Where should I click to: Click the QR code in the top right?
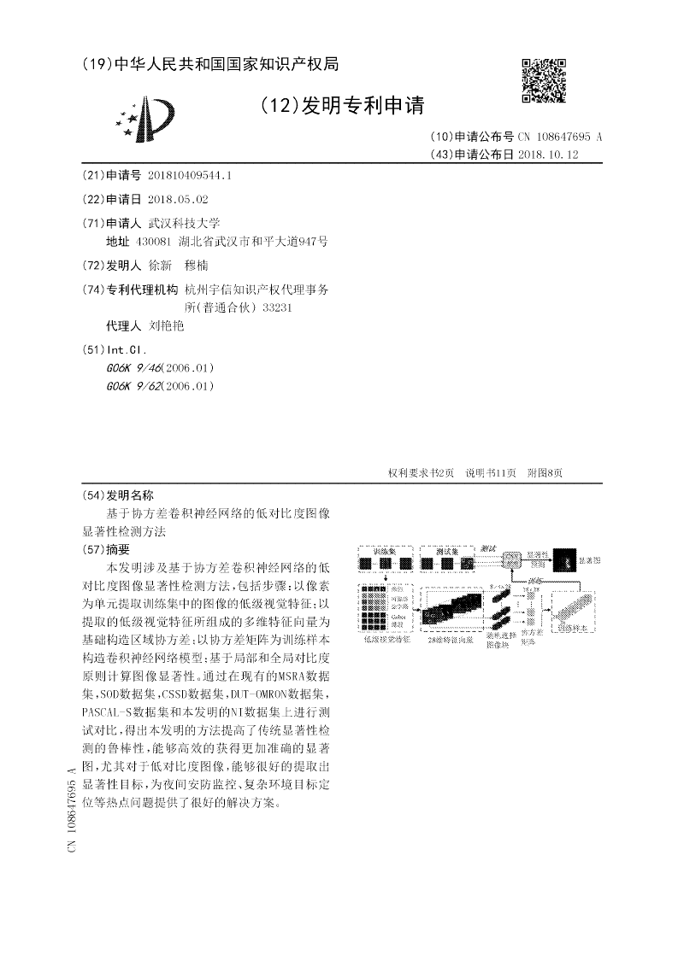coord(543,81)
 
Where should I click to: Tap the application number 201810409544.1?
coord(190,175)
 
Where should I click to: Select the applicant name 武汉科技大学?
coord(184,222)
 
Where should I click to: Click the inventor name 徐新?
coord(160,266)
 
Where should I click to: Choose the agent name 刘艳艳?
coord(167,325)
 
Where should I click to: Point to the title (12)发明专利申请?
coord(342,106)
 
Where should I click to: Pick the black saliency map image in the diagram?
coord(564,561)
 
